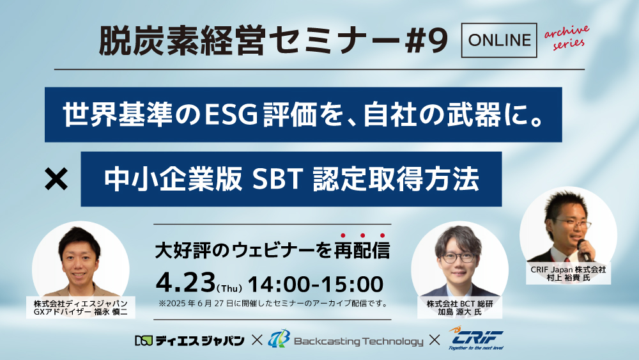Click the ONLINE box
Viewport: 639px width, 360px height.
[499, 40]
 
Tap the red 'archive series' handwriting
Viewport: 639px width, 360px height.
[567, 37]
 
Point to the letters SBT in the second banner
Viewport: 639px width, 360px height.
[277, 180]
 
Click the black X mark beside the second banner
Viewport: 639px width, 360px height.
[56, 180]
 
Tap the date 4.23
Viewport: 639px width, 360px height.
[186, 283]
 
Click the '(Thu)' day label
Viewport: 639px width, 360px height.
[230, 288]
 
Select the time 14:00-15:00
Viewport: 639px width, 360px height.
[316, 284]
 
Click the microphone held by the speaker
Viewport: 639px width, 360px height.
[584, 250]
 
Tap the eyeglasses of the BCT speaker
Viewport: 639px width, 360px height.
[458, 258]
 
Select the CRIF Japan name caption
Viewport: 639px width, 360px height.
[568, 274]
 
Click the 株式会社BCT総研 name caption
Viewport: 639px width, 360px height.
[459, 308]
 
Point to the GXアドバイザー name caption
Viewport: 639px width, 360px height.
[81, 308]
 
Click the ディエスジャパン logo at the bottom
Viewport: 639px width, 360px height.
[190, 340]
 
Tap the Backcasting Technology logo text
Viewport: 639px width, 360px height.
[358, 341]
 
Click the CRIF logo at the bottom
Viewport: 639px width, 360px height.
[476, 338]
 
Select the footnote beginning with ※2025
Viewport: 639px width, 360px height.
[273, 303]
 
